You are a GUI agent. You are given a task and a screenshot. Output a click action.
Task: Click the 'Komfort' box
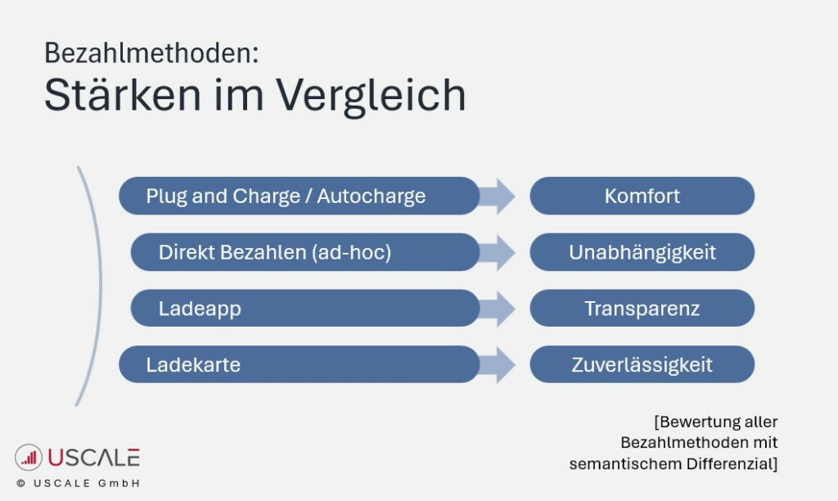click(x=642, y=196)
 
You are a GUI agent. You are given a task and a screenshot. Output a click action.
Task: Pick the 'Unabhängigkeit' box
click(x=642, y=252)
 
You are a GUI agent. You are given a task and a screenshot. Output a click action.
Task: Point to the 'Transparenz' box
click(x=642, y=309)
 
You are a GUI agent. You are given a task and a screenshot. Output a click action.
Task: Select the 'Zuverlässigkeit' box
click(x=642, y=364)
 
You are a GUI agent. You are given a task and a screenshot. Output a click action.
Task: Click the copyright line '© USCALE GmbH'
click(x=78, y=484)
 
